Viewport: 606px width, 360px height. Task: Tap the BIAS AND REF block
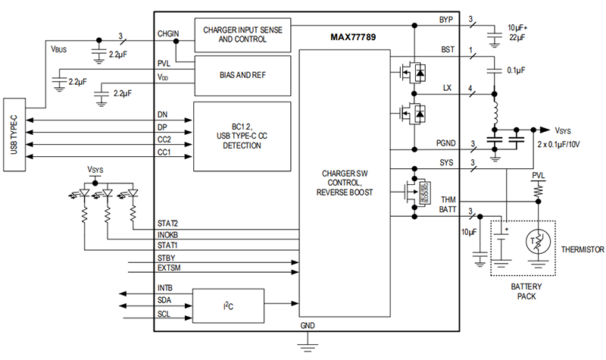242,76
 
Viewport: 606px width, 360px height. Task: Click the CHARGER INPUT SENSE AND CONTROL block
242,34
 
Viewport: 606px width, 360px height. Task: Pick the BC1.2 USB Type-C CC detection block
242,135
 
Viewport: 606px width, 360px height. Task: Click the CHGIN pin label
168,34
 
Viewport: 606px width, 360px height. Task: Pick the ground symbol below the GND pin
306,346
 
